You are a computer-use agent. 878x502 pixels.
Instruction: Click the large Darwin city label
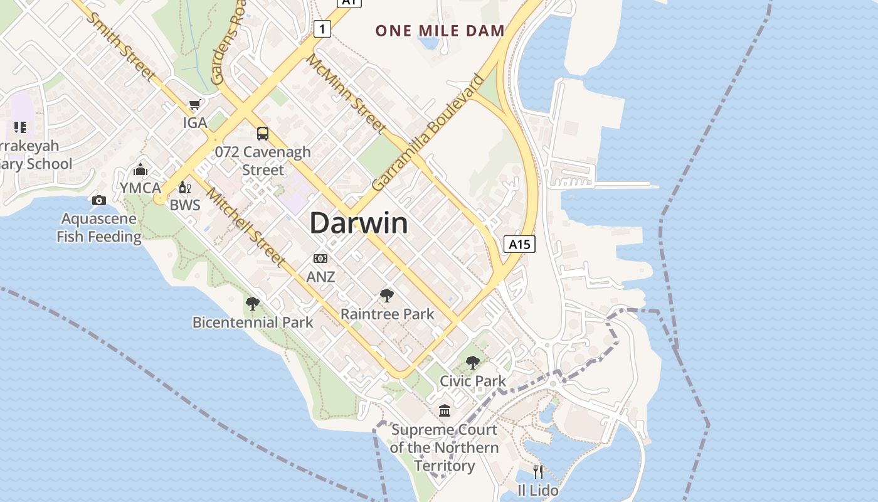click(x=359, y=223)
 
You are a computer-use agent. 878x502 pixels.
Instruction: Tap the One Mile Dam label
click(x=440, y=30)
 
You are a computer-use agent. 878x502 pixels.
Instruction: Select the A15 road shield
click(x=519, y=244)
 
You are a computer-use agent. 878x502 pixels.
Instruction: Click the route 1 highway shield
click(x=322, y=28)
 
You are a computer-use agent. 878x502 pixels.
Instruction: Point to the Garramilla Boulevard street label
click(x=428, y=134)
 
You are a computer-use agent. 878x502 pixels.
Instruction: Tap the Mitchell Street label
click(x=246, y=227)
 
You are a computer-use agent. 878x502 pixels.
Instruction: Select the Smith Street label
click(x=122, y=45)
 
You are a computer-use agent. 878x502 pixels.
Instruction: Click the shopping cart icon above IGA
click(x=194, y=105)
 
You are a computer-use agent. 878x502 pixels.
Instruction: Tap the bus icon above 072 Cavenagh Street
click(x=263, y=133)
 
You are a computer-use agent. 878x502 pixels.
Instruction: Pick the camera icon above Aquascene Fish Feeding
click(x=98, y=200)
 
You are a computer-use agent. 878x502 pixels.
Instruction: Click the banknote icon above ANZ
click(x=320, y=259)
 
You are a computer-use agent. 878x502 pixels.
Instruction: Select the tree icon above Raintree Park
click(x=387, y=295)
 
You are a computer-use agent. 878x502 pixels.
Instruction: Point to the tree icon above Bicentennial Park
click(x=253, y=304)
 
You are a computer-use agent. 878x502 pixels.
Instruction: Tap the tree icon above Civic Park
click(x=473, y=362)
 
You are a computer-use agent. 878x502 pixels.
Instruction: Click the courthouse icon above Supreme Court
click(x=445, y=410)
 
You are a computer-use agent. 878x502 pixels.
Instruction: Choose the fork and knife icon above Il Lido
click(x=537, y=471)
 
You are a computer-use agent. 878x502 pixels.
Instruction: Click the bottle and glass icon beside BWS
click(x=184, y=187)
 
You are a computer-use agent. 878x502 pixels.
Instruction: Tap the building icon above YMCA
click(x=140, y=169)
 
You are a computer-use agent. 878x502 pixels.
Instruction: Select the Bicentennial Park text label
click(x=253, y=323)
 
